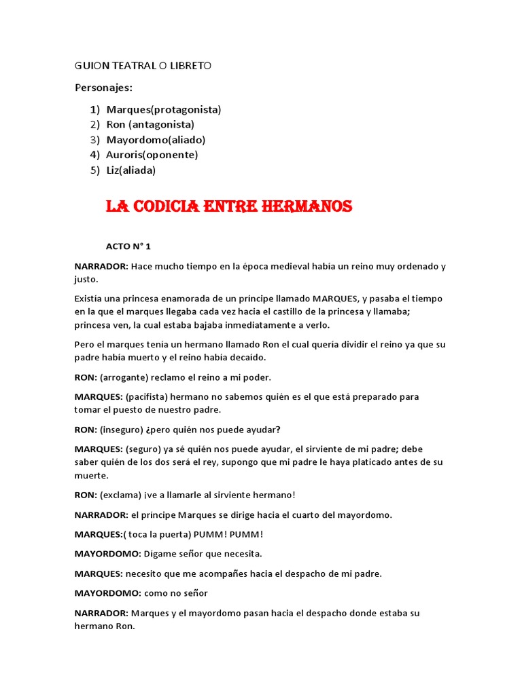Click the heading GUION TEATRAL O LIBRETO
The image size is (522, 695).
[143, 65]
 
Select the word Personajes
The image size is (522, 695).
[103, 88]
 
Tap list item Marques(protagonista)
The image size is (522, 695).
[164, 109]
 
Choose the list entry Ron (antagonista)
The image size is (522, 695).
[150, 124]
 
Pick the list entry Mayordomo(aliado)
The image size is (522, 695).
[156, 140]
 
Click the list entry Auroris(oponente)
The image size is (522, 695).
[152, 155]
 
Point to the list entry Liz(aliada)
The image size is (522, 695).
[131, 170]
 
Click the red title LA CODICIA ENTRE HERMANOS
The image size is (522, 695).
[228, 206]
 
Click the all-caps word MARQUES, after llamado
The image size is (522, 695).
[336, 299]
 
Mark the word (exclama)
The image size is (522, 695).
[120, 495]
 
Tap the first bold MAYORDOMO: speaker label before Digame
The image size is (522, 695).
[107, 554]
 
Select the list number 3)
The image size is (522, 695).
[94, 140]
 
